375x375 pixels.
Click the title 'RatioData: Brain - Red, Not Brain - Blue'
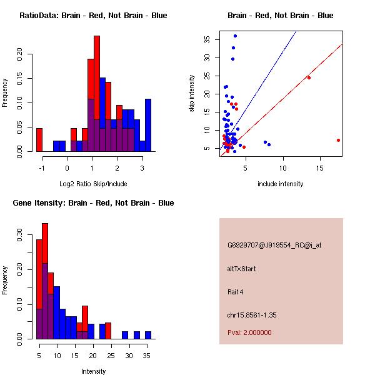(x=92, y=16)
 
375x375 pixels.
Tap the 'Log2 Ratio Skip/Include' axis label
(x=92, y=184)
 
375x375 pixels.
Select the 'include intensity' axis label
(x=281, y=184)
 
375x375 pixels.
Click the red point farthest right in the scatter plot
(x=338, y=140)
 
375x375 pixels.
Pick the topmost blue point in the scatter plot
(x=235, y=36)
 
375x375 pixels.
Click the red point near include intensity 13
(x=309, y=77)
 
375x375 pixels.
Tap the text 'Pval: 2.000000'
(x=249, y=332)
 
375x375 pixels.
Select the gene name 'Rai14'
(x=236, y=291)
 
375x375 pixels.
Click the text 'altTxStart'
(x=241, y=269)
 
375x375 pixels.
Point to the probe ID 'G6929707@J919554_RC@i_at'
(x=274, y=245)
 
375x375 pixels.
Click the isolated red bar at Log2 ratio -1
(x=39, y=139)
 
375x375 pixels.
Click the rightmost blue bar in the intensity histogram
(x=147, y=335)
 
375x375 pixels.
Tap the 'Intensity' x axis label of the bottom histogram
(x=94, y=371)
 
